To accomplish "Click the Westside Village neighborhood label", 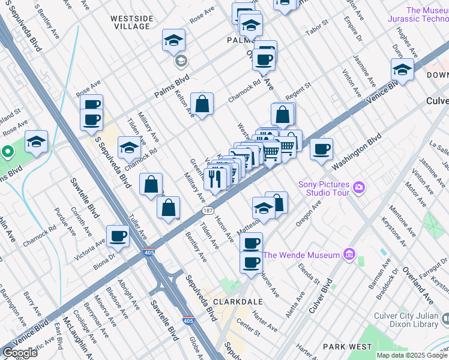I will (x=131, y=22).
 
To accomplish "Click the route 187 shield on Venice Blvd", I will (x=208, y=211).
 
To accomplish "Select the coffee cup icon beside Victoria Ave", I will (x=118, y=235).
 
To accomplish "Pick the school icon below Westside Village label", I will (x=174, y=40).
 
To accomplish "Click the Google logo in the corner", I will (x=20, y=353).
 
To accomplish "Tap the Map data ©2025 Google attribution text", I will (x=411, y=355).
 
